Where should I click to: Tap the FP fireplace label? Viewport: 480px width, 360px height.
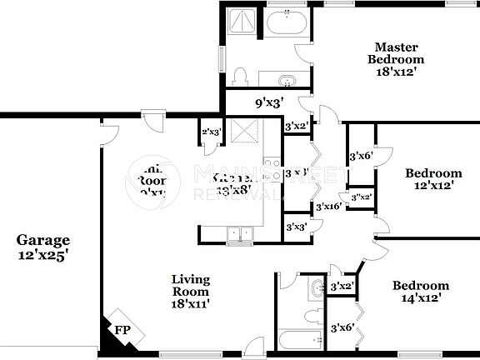(122, 331)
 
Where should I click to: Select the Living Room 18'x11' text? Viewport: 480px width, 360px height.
(191, 292)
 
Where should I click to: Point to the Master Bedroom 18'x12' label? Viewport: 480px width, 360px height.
(397, 59)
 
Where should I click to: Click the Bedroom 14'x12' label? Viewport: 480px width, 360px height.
(421, 291)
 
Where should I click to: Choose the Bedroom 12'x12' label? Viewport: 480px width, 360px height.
(433, 179)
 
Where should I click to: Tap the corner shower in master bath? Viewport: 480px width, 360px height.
(245, 22)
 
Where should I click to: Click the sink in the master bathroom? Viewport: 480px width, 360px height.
(287, 81)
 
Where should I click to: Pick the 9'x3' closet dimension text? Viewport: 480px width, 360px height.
(269, 103)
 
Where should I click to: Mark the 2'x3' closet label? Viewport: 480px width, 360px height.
(211, 132)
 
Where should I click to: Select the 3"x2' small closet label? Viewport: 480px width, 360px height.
(361, 197)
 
